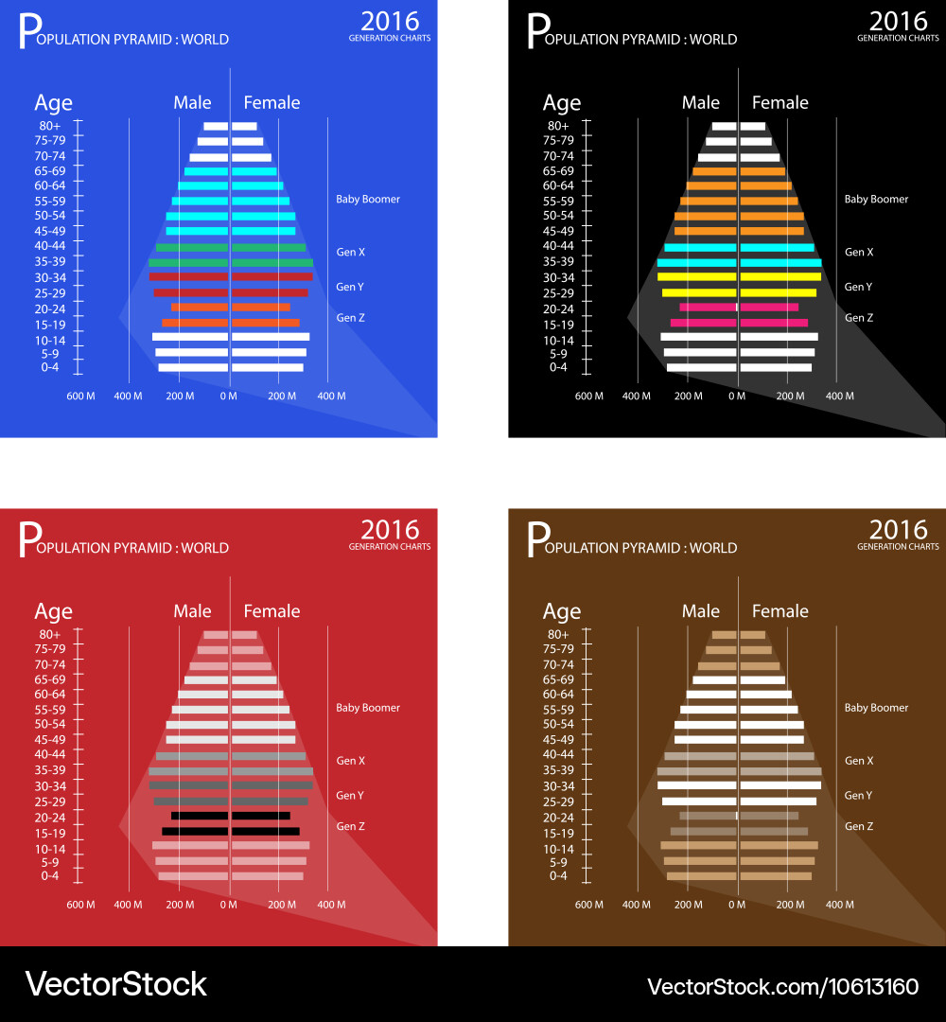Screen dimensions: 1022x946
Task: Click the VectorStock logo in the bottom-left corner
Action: pyautogui.click(x=115, y=984)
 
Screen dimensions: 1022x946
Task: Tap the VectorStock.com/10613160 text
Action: pyautogui.click(x=782, y=986)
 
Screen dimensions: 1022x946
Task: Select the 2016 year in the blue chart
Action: pyautogui.click(x=390, y=21)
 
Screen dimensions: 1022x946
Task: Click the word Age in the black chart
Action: pyautogui.click(x=562, y=103)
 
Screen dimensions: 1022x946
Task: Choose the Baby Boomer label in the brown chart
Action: pyautogui.click(x=876, y=708)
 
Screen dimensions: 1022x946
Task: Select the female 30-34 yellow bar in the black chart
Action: pyautogui.click(x=780, y=277)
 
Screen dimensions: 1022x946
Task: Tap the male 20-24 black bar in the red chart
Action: pyautogui.click(x=200, y=816)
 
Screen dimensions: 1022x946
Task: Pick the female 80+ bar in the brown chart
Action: pyautogui.click(x=752, y=635)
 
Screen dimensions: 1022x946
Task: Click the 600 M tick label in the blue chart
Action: pyautogui.click(x=80, y=396)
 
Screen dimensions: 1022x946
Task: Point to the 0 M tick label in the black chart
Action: pyautogui.click(x=737, y=396)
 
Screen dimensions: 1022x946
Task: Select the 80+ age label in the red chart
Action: pyautogui.click(x=50, y=635)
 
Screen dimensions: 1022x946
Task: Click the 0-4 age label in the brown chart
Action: pyautogui.click(x=558, y=876)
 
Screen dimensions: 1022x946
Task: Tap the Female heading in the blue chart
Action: pyautogui.click(x=272, y=103)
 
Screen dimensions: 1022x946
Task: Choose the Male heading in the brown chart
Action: pyautogui.click(x=701, y=611)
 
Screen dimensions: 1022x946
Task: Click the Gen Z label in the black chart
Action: pyautogui.click(x=859, y=318)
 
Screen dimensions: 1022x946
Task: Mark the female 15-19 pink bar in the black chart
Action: pyautogui.click(x=773, y=323)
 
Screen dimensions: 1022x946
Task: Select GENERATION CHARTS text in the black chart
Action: pyautogui.click(x=898, y=39)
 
